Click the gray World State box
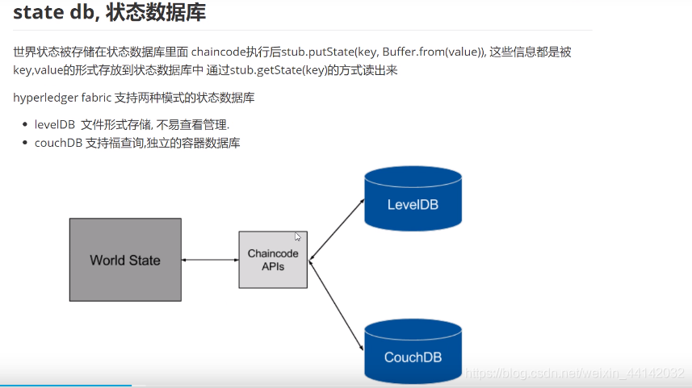click(125, 260)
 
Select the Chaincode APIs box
click(273, 259)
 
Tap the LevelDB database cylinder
click(413, 199)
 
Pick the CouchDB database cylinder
click(413, 352)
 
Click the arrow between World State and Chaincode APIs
click(210, 260)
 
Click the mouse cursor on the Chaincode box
click(297, 236)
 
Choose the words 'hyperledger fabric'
click(61, 98)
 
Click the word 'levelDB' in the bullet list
click(54, 125)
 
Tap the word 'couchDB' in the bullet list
click(57, 143)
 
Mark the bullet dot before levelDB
click(25, 125)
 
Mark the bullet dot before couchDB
click(25, 143)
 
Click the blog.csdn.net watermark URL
click(576, 373)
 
